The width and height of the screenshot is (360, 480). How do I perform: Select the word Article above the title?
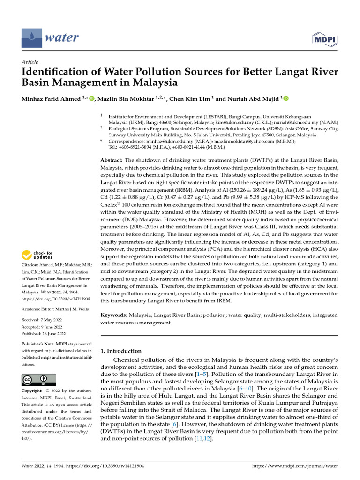30,62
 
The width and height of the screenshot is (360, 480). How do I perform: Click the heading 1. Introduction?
121,351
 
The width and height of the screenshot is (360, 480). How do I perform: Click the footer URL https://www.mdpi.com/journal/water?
295,466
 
